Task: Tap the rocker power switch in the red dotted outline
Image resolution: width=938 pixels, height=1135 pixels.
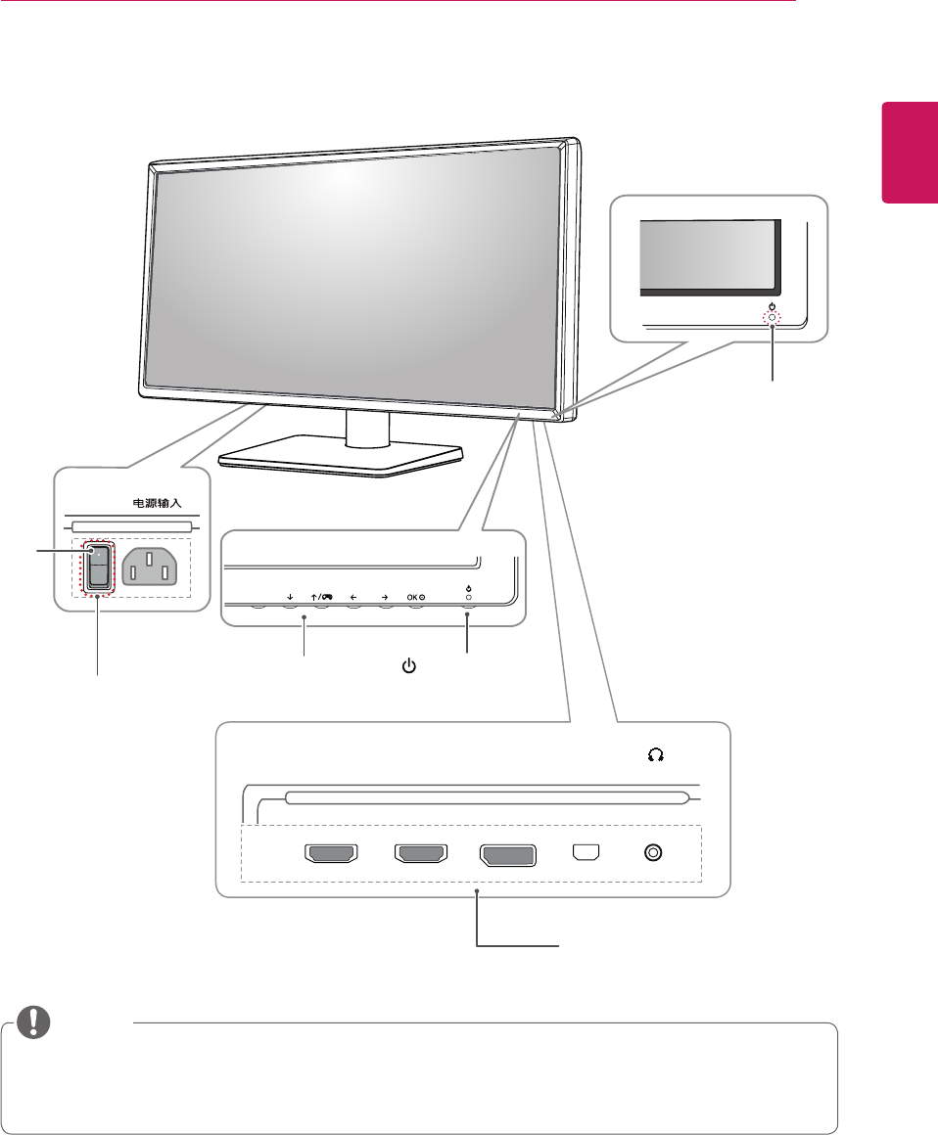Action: pos(99,568)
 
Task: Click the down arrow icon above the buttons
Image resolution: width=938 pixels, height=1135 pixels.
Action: pos(291,594)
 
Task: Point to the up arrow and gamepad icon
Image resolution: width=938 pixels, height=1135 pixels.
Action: pos(320,594)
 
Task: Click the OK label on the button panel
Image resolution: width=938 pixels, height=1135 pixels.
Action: pos(415,594)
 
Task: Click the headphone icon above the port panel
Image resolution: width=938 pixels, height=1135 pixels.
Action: pos(655,754)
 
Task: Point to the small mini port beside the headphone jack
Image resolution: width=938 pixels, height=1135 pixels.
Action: pos(586,853)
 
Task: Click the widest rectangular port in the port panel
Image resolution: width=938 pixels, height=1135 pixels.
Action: pos(507,854)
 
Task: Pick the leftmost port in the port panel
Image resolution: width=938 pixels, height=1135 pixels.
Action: pos(334,854)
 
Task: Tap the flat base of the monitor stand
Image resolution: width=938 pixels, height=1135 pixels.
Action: pos(338,458)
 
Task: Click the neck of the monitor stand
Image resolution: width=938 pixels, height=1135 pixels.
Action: pos(367,427)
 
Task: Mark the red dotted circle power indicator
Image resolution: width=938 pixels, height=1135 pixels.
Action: pos(773,318)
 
